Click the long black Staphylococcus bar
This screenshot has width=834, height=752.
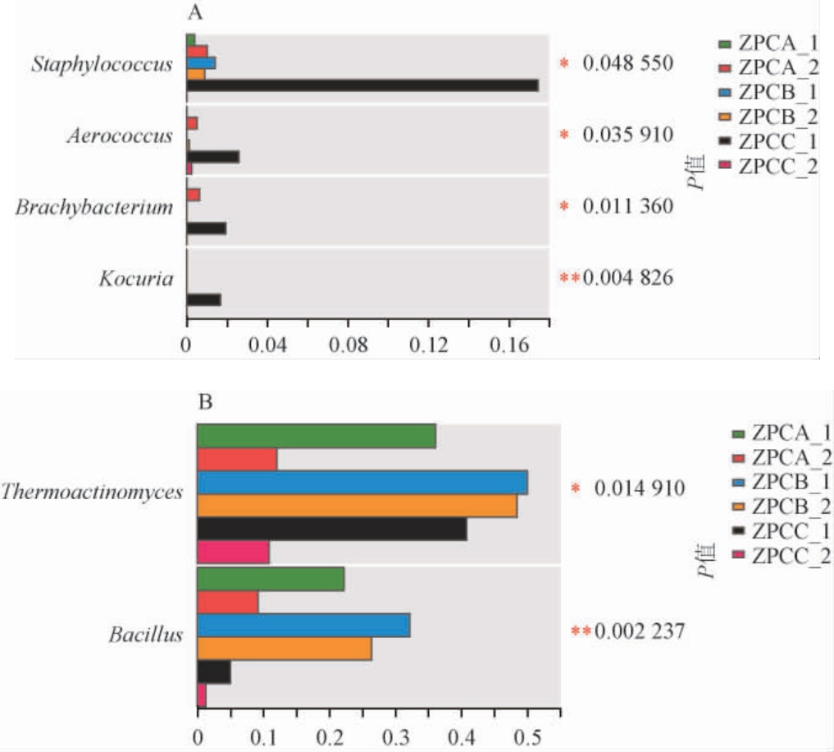point(362,85)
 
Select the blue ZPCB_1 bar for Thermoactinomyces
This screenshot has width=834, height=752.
point(362,482)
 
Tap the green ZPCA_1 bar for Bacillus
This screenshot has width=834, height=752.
point(271,580)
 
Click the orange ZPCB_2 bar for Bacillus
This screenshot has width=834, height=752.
point(285,649)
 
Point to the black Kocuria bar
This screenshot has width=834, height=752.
point(203,300)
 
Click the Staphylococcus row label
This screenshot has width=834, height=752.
point(103,64)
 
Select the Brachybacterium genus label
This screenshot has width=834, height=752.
point(94,207)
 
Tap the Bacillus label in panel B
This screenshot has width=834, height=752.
point(144,634)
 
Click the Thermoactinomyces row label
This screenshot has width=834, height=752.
point(91,491)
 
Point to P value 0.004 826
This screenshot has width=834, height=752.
point(627,278)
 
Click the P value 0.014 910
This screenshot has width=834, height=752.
point(640,488)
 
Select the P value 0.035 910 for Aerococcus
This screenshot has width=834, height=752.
point(627,135)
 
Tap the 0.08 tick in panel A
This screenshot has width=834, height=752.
point(347,347)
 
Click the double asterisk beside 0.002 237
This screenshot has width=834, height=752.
point(581,631)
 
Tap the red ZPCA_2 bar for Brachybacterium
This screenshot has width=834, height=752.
point(194,195)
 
